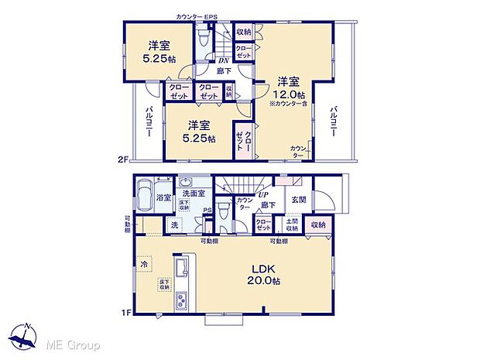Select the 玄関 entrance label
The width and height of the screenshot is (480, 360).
click(298, 199)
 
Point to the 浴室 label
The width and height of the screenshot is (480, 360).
click(163, 198)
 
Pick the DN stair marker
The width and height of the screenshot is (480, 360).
click(223, 60)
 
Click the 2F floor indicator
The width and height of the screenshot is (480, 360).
click(122, 159)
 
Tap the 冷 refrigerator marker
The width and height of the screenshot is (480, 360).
click(143, 265)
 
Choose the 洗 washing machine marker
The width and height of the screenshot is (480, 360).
click(174, 225)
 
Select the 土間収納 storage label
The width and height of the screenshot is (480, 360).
click(292, 225)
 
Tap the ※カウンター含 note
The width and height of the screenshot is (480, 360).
click(289, 104)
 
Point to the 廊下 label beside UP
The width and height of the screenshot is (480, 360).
click(269, 205)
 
